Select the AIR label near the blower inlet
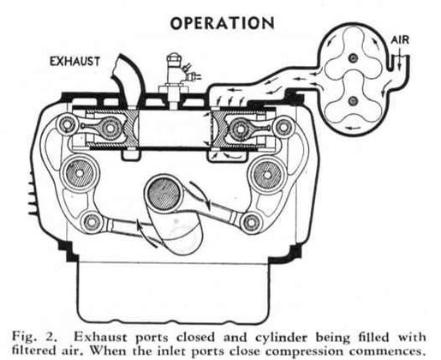[402, 40]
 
